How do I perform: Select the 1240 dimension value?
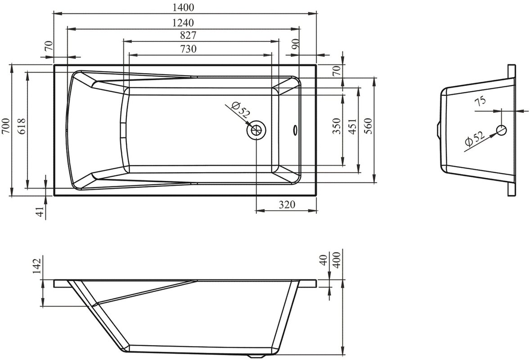[x=183, y=22]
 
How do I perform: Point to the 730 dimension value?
[x=189, y=49]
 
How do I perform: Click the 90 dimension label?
[x=296, y=44]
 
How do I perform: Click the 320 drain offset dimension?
[x=287, y=204]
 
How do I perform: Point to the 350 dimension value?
[x=337, y=126]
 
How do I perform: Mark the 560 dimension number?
[x=368, y=126]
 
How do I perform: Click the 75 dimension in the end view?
[x=481, y=100]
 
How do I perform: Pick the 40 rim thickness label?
[x=323, y=260]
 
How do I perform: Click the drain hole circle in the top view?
[x=256, y=130]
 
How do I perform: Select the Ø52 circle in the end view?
[x=501, y=130]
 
